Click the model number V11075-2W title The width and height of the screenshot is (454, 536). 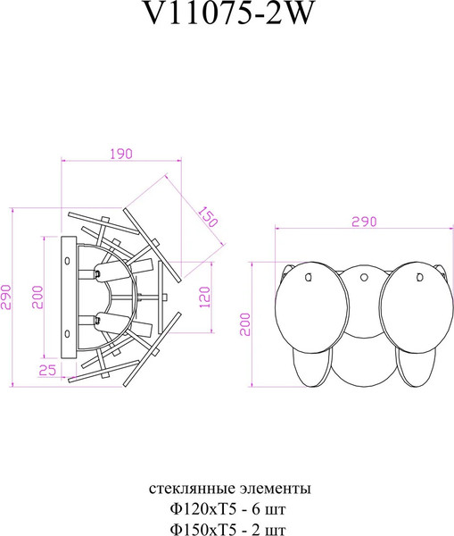point(228,14)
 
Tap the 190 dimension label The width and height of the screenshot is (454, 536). point(120,154)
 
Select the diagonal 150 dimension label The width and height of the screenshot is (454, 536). point(208,217)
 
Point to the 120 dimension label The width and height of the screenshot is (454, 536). point(204,297)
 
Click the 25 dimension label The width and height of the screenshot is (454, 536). point(47,370)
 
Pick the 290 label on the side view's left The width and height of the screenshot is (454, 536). point(7,297)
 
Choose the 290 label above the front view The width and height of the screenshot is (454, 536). point(364,222)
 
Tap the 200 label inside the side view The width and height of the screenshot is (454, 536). point(37,297)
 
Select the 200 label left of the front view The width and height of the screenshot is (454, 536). point(245,324)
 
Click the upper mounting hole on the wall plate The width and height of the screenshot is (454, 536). point(67,261)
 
